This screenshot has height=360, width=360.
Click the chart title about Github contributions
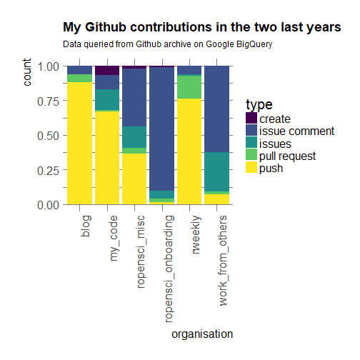tap(201, 28)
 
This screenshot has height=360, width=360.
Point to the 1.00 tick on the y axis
tap(48, 66)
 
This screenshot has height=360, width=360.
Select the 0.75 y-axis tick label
tap(48, 101)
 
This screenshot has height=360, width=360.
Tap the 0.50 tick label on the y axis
tap(48, 136)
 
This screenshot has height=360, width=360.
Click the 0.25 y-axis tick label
tap(48, 170)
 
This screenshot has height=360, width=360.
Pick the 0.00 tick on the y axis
tap(48, 205)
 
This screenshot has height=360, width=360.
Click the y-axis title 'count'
tap(27, 73)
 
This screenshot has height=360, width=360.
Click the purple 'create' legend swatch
tap(251, 119)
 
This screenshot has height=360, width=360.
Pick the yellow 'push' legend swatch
tap(251, 168)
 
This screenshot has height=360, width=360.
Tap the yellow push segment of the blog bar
tap(79, 143)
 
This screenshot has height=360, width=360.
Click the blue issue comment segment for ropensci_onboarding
tap(161, 129)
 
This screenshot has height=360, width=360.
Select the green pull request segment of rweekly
tap(189, 86)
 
